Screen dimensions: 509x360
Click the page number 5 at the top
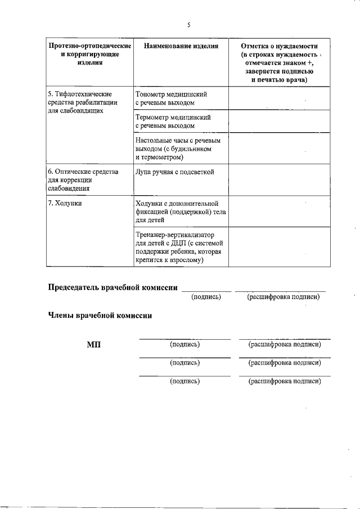tap(189, 24)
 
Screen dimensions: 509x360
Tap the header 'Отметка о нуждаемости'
tap(279, 46)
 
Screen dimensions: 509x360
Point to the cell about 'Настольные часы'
tap(177, 149)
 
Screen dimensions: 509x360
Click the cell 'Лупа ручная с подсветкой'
tap(174, 172)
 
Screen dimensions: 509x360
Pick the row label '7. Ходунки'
tap(65, 203)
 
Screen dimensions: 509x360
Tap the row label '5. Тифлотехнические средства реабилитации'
tap(82, 102)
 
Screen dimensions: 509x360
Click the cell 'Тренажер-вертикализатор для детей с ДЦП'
tap(179, 247)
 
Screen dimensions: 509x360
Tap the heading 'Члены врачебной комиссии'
tap(100, 316)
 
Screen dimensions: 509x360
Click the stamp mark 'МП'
tap(94, 344)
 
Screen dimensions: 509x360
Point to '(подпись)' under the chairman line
tap(206, 296)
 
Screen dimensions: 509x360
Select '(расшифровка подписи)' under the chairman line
tap(283, 296)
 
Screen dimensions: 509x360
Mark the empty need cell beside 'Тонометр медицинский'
tap(279, 98)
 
